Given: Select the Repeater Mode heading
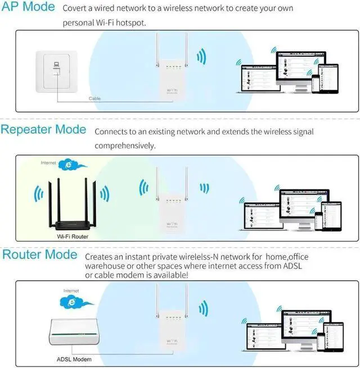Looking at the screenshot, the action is pos(43,130).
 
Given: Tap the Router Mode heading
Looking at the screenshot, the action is pos(39,255).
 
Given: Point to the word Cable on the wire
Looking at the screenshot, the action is pos(95,98).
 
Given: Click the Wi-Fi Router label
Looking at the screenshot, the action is pos(73,237).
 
